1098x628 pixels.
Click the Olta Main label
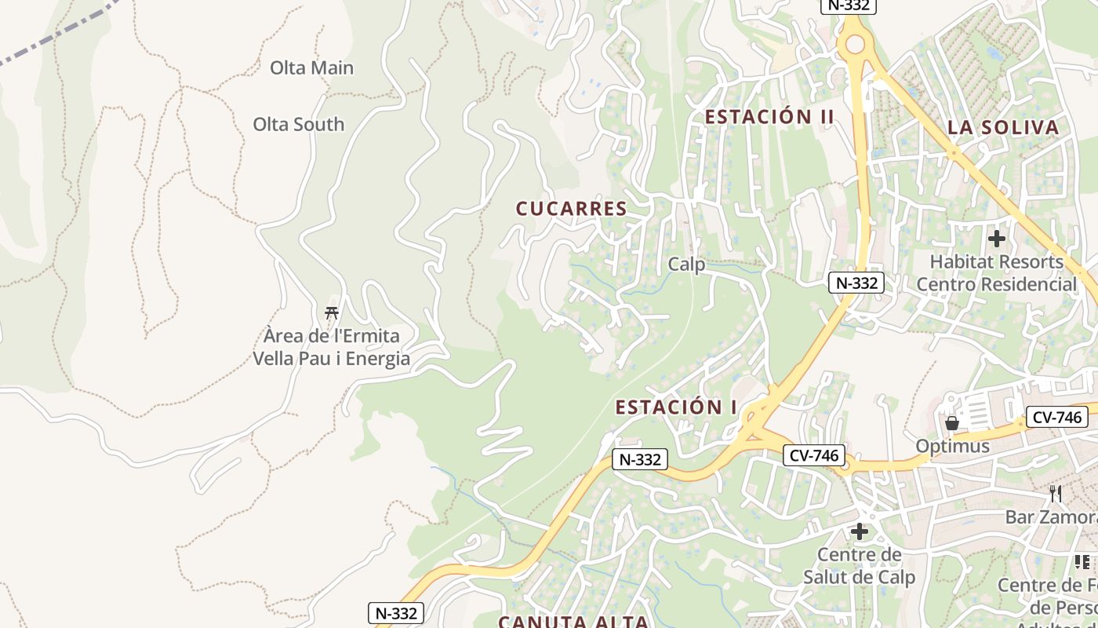(x=311, y=68)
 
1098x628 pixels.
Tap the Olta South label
(x=298, y=124)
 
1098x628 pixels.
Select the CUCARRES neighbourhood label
(x=571, y=209)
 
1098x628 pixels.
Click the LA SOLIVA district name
(x=1002, y=128)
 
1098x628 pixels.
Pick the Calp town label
(x=686, y=265)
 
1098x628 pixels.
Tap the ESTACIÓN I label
(x=676, y=407)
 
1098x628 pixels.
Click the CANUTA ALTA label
(x=573, y=622)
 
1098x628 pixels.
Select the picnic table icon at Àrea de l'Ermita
(x=332, y=312)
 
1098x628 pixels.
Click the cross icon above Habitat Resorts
(x=996, y=239)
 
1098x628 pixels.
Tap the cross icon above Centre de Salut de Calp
(x=860, y=531)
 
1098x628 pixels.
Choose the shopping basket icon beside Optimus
(x=952, y=423)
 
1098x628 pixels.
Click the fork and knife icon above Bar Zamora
(x=1056, y=494)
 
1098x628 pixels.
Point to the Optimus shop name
(x=952, y=447)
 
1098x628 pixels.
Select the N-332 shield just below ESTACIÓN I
(x=640, y=460)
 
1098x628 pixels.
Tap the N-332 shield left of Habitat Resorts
(x=856, y=283)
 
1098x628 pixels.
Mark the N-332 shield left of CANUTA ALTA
(x=396, y=613)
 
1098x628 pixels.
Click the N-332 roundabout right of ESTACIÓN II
(x=853, y=45)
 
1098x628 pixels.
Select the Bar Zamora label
(x=1051, y=517)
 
